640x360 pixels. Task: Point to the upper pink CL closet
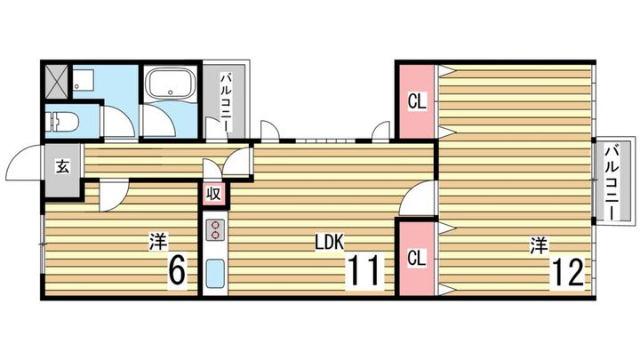(x=416, y=100)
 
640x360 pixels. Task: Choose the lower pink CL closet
(x=416, y=259)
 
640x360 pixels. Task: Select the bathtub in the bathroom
(x=170, y=85)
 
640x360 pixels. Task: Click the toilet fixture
(x=64, y=121)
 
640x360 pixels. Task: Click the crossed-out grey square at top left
(x=56, y=81)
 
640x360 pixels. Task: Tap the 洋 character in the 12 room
(x=538, y=242)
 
